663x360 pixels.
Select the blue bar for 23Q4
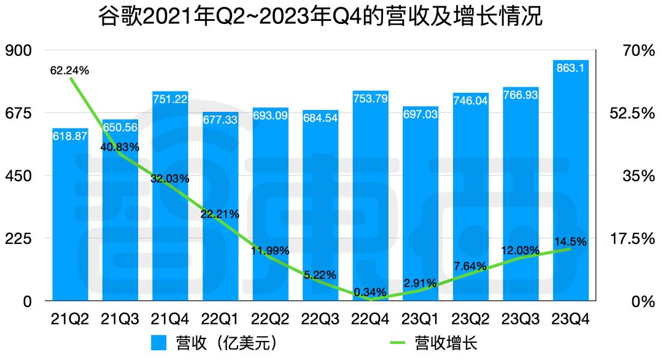pos(570,184)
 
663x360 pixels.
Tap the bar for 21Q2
pos(69,215)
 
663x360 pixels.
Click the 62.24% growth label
pos(69,71)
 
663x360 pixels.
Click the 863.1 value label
pos(570,68)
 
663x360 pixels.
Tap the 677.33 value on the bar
pos(220,120)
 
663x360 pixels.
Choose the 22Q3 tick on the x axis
pos(320,319)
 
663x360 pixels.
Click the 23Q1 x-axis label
pos(420,319)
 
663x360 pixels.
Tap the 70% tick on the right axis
pos(638,51)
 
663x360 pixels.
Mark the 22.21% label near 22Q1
pos(220,214)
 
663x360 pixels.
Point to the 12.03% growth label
pos(520,251)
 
